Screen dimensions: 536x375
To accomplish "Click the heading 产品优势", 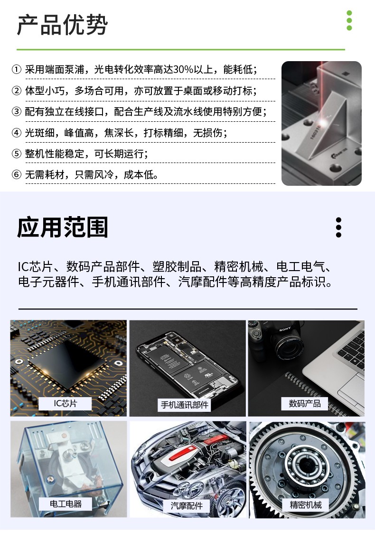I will (x=62, y=25).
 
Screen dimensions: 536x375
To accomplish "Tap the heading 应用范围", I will (x=62, y=227).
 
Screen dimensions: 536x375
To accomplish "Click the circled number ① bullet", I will (x=17, y=70).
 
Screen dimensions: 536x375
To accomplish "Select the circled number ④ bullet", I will (x=17, y=133).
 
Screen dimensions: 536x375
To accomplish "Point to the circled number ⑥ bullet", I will (x=17, y=174).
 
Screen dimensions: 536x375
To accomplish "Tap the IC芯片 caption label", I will (x=66, y=404).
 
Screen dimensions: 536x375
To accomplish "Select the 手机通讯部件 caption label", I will (x=184, y=405).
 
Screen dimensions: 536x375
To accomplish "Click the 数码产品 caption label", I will (x=304, y=403).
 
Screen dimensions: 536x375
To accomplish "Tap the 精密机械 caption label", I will (x=306, y=505).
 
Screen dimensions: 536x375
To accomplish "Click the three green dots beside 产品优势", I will (x=349, y=20).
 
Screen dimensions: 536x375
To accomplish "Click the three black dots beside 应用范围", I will (x=338, y=227).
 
